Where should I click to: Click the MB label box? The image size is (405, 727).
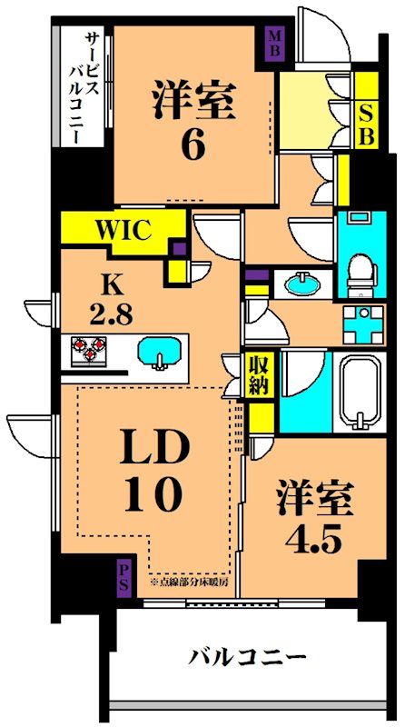click(274, 44)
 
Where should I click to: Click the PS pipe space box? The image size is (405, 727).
click(123, 577)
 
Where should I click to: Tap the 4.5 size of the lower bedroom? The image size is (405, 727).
click(312, 540)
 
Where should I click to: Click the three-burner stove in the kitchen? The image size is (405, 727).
click(85, 351)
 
